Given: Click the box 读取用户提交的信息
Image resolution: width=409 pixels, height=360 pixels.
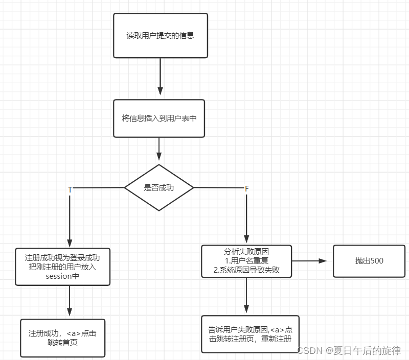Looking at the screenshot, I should point(160,36).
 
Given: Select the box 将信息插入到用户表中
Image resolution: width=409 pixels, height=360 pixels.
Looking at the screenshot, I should point(159,118).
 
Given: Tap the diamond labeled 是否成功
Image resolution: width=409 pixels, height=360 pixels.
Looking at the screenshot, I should point(159,187).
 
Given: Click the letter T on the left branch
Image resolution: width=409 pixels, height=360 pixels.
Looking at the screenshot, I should point(70,189).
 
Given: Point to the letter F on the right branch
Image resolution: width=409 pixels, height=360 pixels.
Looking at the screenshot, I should point(246,189).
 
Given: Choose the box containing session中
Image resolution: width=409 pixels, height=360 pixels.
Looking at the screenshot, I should point(63,267).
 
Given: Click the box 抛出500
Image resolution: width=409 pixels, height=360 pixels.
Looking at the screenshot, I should point(369,261).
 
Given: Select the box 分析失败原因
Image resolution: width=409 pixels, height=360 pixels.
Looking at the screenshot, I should point(246,261).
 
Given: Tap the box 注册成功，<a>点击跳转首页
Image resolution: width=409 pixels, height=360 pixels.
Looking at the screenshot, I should point(62,338).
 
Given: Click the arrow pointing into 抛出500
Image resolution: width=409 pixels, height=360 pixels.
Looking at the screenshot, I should point(312,260).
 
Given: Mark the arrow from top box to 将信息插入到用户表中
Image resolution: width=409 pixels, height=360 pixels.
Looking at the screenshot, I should point(160,77).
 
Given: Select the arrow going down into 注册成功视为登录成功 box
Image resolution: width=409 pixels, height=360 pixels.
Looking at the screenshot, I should point(70,220).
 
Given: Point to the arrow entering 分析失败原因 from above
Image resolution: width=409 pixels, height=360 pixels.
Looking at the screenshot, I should point(246,217).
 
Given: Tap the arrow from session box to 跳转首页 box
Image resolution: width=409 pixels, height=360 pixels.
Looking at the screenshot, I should point(70,302).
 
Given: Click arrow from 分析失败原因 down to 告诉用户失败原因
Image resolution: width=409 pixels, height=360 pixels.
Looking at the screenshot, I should point(246,296).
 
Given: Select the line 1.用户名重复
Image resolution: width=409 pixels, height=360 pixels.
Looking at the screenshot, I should point(246,261).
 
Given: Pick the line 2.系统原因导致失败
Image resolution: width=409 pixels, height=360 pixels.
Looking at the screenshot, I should point(246,270).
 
